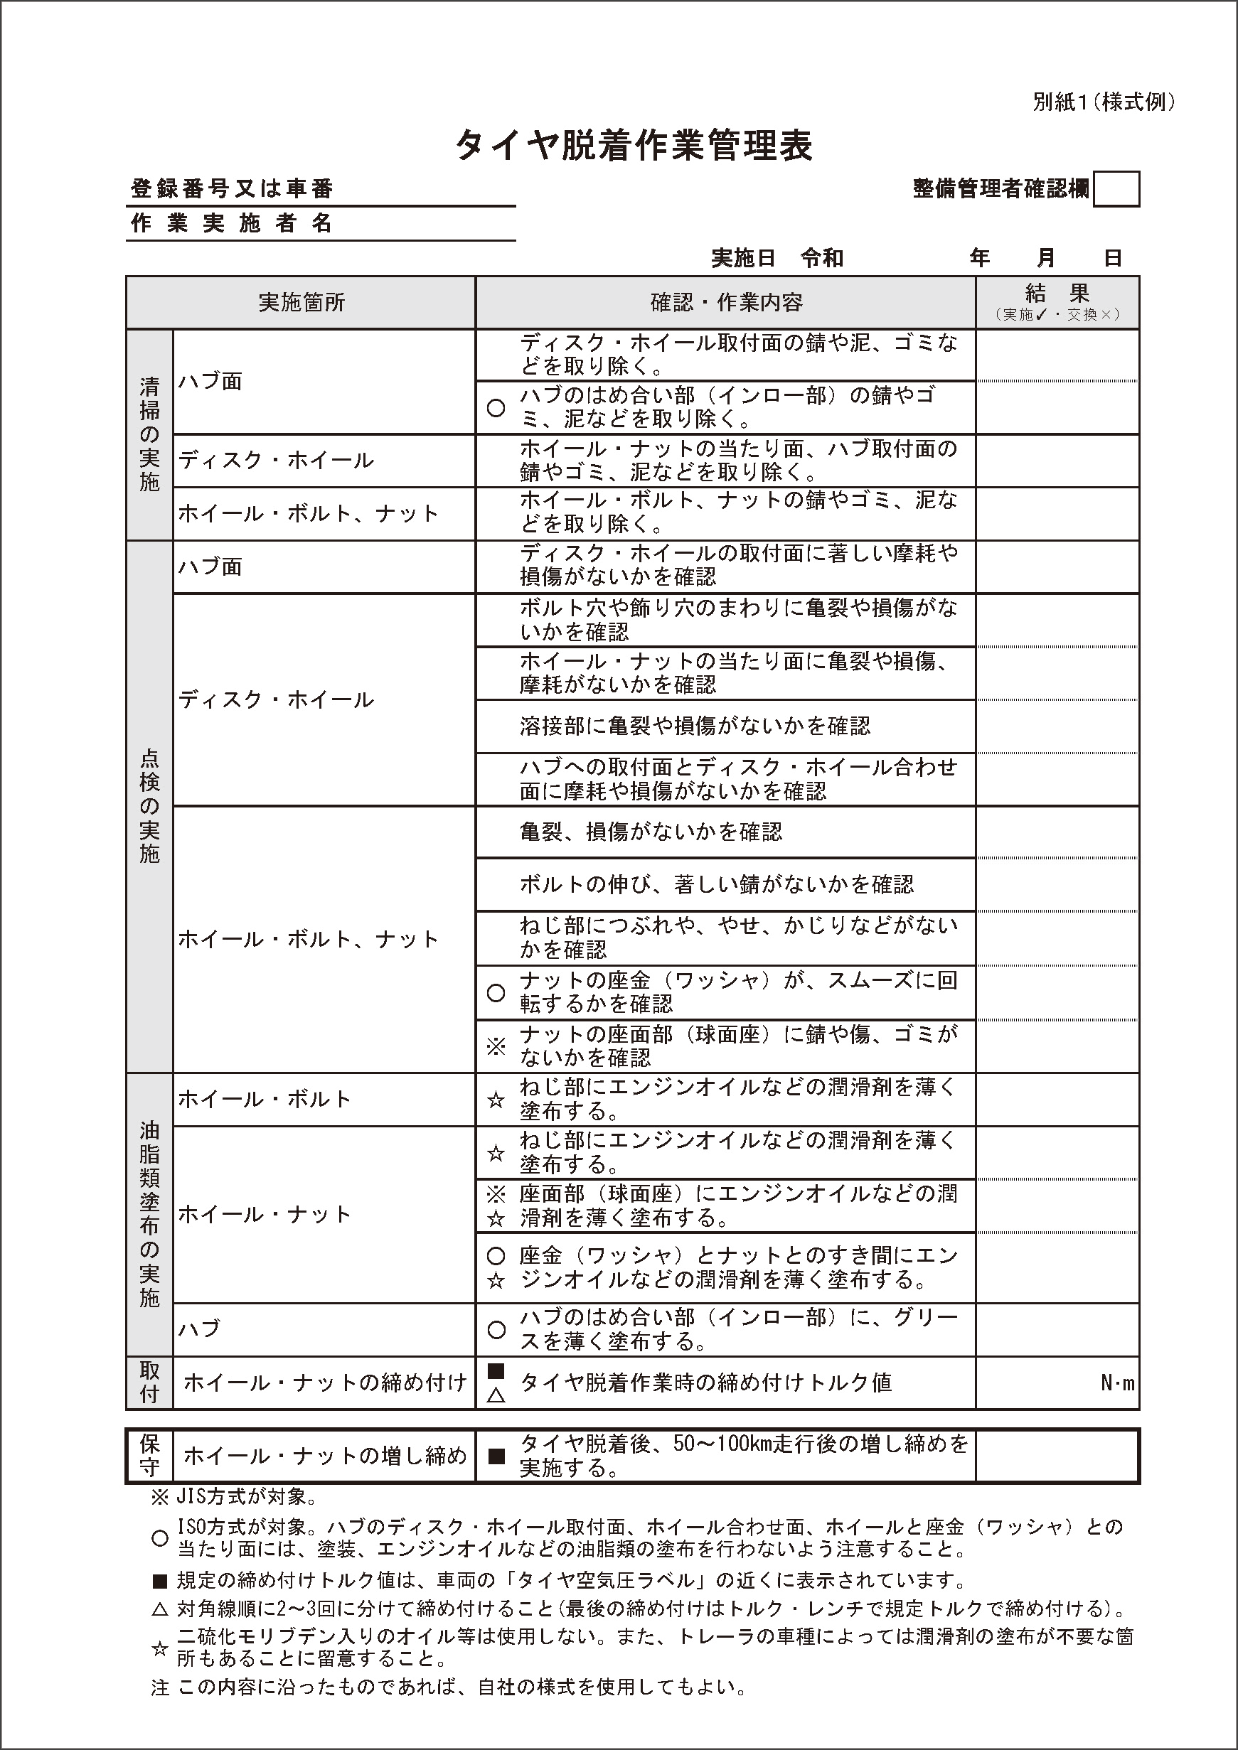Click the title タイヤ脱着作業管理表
point(634,145)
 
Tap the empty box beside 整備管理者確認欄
point(1116,190)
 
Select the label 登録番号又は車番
point(232,189)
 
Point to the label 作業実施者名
point(232,223)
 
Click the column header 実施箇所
point(301,303)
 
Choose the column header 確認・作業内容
point(726,303)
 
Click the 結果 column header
point(1057,294)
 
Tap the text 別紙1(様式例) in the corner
point(1103,102)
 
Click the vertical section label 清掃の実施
point(149,434)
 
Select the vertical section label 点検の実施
point(149,806)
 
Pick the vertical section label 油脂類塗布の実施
point(149,1214)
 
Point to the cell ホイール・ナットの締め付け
point(325,1383)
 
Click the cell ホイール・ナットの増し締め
point(325,1456)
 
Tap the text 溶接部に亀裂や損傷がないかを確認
point(695,726)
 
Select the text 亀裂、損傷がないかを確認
point(650,832)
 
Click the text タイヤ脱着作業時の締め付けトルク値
point(705,1383)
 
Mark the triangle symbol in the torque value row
point(496,1395)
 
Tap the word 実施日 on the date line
point(742,259)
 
